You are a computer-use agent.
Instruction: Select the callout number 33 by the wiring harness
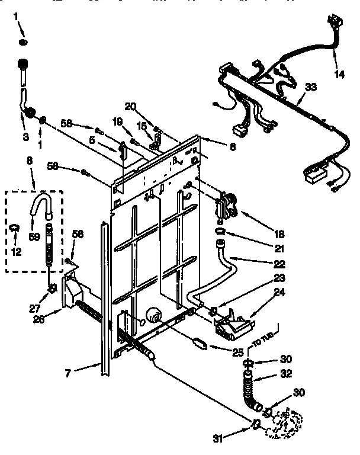tap(310, 87)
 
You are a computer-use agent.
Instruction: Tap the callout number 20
tap(130, 106)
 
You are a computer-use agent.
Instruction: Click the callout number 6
tap(233, 147)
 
